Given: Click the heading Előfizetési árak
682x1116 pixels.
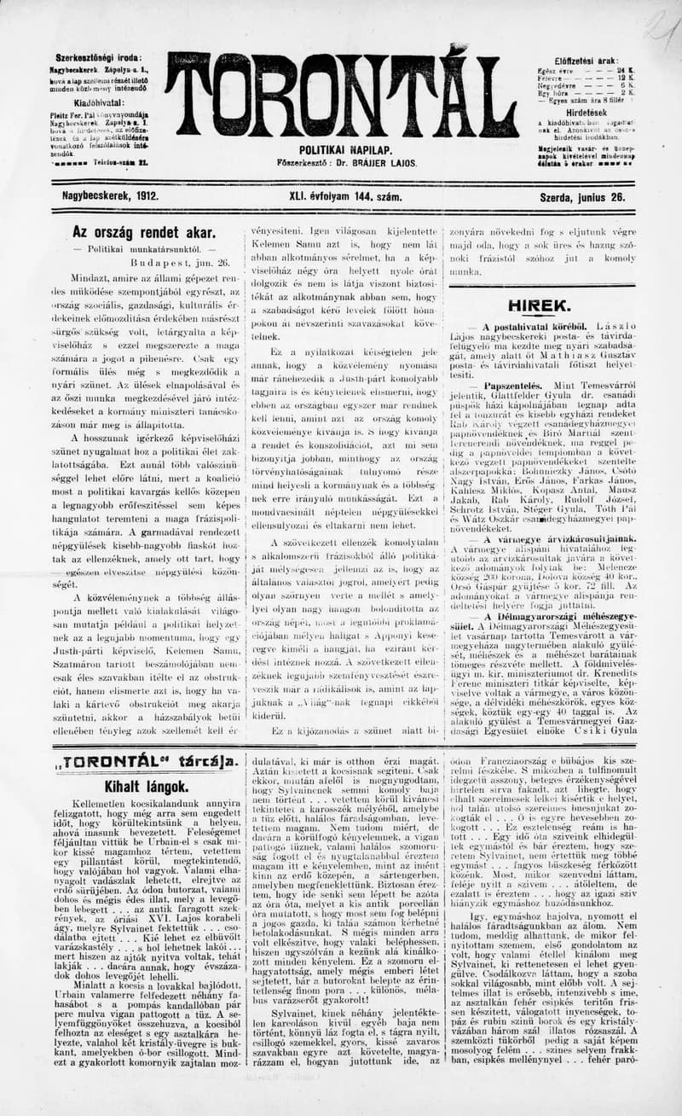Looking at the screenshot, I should point(585,61).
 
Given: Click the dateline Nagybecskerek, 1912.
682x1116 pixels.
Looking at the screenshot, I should point(110,195).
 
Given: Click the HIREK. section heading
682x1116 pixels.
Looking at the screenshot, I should point(539,305).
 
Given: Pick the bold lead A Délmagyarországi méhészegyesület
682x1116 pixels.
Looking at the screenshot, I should point(557,615).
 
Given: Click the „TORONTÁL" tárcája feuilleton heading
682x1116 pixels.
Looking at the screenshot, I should point(144,762).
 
